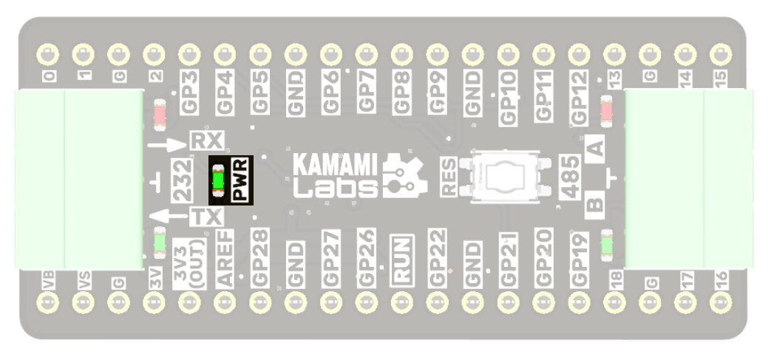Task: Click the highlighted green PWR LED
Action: coord(218,179)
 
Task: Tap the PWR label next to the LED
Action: coord(239,179)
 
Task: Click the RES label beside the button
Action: coord(449,177)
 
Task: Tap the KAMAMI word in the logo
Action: coord(325,163)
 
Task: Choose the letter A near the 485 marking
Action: coord(595,148)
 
